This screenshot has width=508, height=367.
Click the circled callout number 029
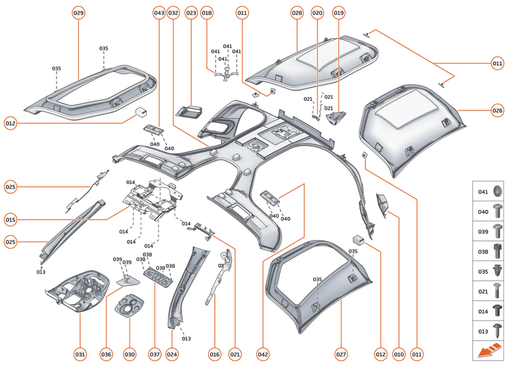[79, 13]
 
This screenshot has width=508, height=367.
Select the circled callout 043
[158, 13]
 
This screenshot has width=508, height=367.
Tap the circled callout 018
[207, 13]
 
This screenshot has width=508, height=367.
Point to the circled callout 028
[297, 13]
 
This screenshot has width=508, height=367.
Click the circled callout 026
[497, 110]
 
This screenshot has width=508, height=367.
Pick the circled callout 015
[11, 219]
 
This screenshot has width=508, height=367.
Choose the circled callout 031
[80, 355]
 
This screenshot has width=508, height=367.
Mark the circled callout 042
[263, 355]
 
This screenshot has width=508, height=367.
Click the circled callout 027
[341, 355]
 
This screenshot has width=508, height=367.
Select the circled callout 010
[398, 355]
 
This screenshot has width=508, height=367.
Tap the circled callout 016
[214, 355]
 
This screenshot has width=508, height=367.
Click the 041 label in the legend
[483, 192]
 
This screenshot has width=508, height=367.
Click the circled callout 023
[191, 13]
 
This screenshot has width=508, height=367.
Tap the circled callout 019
[338, 13]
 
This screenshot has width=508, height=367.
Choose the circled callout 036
[106, 355]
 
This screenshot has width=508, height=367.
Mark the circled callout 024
[172, 355]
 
